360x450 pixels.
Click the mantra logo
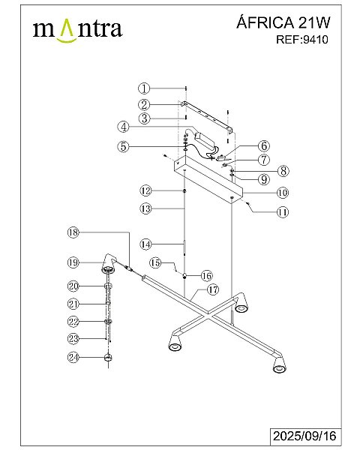tap(77, 31)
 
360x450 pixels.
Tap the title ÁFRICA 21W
tap(283, 22)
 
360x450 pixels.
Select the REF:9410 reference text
tap(302, 40)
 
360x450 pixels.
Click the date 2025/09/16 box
tap(304, 436)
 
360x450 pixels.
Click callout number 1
tap(144, 88)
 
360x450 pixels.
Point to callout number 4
tap(124, 127)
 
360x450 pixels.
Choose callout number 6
tap(264, 145)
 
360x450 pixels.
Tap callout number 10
tap(283, 193)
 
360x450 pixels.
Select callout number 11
tap(283, 212)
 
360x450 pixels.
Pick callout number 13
tap(145, 208)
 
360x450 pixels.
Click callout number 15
tap(156, 262)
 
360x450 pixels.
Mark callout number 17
tap(213, 289)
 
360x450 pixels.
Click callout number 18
tap(73, 232)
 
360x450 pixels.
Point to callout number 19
tap(73, 262)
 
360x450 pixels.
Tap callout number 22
tap(73, 322)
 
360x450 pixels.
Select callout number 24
tap(73, 357)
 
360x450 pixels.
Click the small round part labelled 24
tap(108, 358)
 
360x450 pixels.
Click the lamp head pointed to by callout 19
tap(109, 263)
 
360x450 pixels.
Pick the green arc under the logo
tap(67, 40)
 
